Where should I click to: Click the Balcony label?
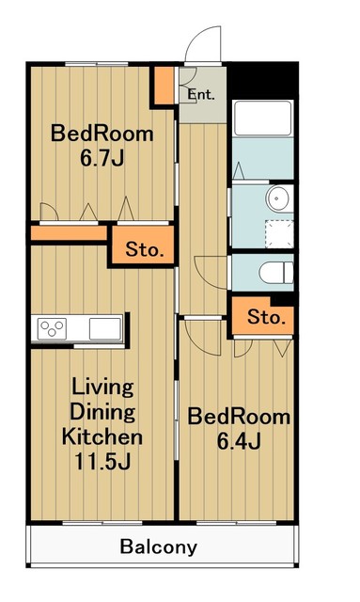[x=159, y=547]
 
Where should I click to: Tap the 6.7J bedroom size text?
[x=102, y=158]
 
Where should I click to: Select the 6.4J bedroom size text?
[x=239, y=441]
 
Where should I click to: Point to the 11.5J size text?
[x=102, y=462]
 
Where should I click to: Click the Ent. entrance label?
[x=201, y=95]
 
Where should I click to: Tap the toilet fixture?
[x=276, y=273]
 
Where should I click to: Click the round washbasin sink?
[x=279, y=198]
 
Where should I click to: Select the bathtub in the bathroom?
[x=263, y=119]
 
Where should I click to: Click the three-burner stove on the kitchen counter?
[x=52, y=328]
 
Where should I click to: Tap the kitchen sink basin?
[x=105, y=328]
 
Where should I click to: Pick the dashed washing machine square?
[x=279, y=234]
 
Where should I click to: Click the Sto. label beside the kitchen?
[x=145, y=250]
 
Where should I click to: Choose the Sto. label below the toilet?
[x=267, y=317]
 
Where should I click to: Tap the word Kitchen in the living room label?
[x=102, y=436]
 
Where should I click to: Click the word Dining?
[x=102, y=412]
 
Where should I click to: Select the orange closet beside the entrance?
[x=164, y=86]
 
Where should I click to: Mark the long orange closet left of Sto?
[x=69, y=233]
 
